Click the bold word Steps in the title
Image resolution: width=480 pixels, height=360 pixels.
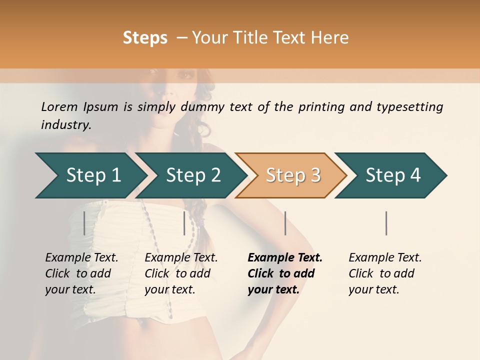click(x=145, y=38)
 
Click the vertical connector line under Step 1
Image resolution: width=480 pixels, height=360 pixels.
click(x=84, y=223)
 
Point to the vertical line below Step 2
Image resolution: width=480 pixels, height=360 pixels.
click(x=184, y=223)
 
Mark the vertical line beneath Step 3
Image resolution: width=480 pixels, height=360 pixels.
click(x=285, y=223)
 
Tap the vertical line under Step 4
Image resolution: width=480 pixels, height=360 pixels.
click(x=386, y=223)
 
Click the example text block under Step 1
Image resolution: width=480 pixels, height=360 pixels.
click(x=81, y=273)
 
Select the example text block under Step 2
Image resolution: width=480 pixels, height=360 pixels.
click(x=181, y=273)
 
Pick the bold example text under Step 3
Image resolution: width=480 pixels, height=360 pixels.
click(x=285, y=273)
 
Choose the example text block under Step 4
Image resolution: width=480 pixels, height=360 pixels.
click(x=385, y=273)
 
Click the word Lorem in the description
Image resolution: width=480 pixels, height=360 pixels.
click(x=59, y=107)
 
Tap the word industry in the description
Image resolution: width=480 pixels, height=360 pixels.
click(x=66, y=125)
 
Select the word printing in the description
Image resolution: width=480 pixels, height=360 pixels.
click(x=321, y=107)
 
